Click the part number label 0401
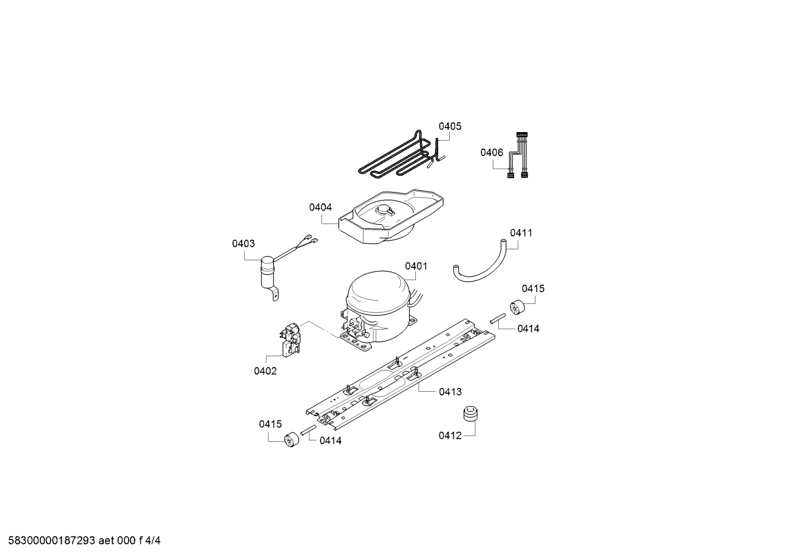coord(416,266)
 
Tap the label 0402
coord(265,371)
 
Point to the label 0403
coord(243,243)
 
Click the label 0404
coord(320,207)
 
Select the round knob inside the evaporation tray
coord(385,211)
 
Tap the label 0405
coord(450,126)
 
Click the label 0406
coord(492,152)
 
